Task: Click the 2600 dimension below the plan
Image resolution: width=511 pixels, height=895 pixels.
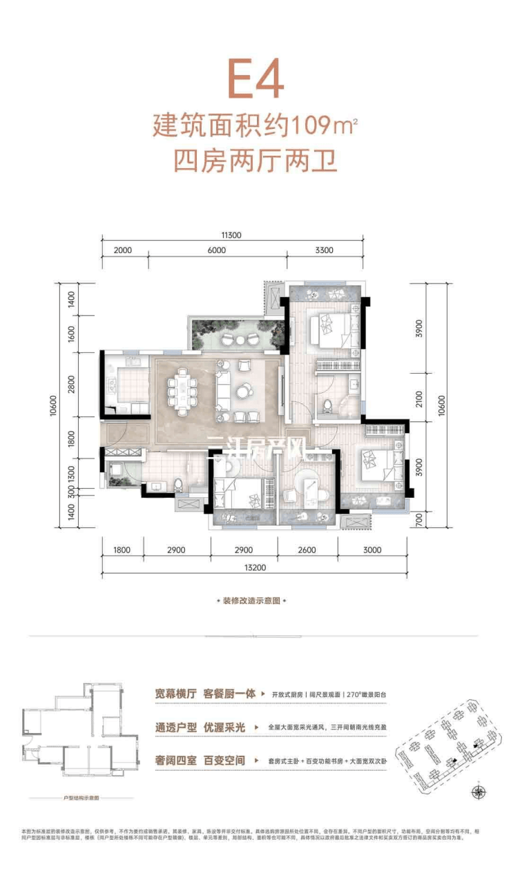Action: tap(307, 550)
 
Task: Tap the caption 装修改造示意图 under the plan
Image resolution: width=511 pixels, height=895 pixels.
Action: tap(251, 601)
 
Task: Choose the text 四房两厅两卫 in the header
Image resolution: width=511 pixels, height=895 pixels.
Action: tap(256, 164)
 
